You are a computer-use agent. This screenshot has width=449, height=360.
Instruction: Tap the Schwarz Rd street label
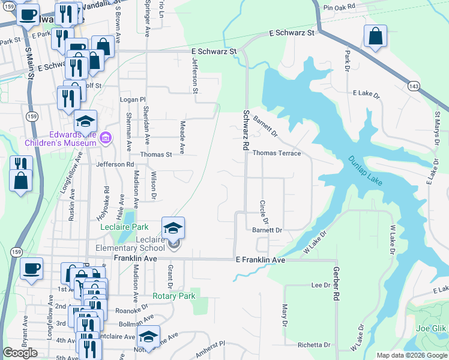pyautogui.click(x=246, y=130)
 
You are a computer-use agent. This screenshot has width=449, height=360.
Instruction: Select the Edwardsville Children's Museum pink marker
pyautogui.click(x=106, y=138)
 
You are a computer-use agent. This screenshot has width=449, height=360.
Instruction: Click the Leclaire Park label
pyautogui.click(x=123, y=227)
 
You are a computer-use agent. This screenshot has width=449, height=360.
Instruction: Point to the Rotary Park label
pyautogui.click(x=174, y=296)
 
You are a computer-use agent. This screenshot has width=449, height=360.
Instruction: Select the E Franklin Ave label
pyautogui.click(x=260, y=260)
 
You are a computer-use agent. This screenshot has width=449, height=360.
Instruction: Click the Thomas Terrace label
pyautogui.click(x=276, y=153)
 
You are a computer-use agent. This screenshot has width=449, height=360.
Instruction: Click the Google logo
pyautogui.click(x=20, y=353)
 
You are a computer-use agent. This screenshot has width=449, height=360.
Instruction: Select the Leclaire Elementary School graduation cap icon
pyautogui.click(x=173, y=228)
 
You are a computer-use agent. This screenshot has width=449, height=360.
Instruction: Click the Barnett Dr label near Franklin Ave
pyautogui.click(x=267, y=230)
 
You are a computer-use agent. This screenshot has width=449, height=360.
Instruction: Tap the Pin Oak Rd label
pyautogui.click(x=339, y=7)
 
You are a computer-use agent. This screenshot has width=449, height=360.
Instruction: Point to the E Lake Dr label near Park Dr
pyautogui.click(x=364, y=93)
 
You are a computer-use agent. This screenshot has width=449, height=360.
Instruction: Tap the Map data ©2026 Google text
pyautogui.click(x=412, y=355)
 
